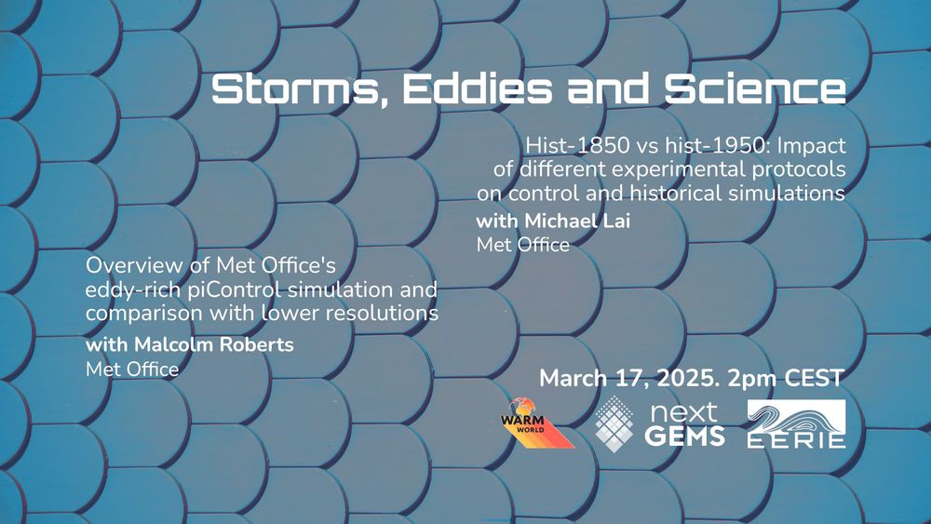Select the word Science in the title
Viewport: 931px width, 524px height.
point(755,88)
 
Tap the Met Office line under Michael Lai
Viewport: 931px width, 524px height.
point(523,245)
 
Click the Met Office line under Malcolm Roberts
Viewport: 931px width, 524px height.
point(132,369)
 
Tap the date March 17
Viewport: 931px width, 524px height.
point(590,379)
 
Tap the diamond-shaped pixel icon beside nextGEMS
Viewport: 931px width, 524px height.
point(614,423)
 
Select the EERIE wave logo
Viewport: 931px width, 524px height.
point(796,423)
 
